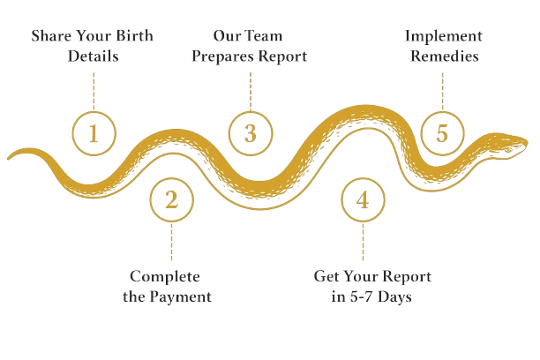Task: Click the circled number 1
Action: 93,134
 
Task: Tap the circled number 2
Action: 172,199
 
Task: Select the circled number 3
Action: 251,134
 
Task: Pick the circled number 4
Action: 363,199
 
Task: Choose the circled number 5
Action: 442,134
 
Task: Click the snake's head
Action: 508,143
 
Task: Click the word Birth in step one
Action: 133,37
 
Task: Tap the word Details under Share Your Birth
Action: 93,56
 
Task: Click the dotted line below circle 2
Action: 172,244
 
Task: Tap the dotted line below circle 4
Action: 363,244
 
